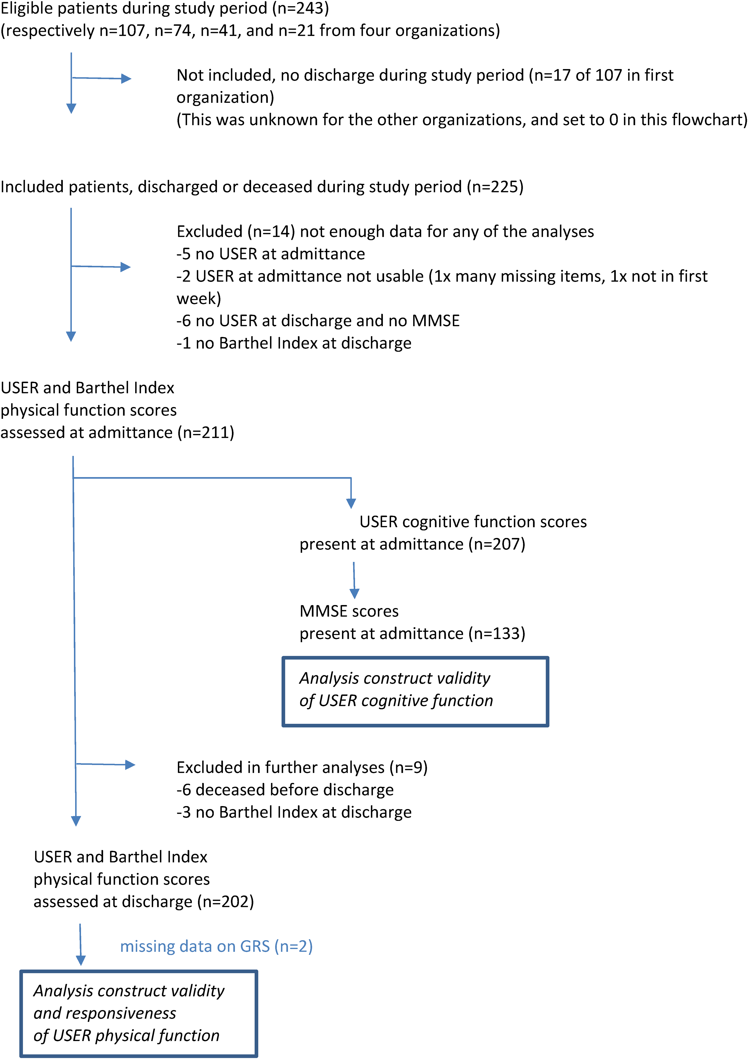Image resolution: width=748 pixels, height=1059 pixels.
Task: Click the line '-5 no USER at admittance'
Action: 270,254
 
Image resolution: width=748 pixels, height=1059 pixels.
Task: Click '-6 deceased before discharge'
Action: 285,790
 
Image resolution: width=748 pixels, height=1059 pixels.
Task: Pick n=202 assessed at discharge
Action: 226,902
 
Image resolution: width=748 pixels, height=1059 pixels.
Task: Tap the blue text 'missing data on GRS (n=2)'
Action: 216,946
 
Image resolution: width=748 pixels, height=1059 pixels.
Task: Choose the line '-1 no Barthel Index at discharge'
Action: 294,343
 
